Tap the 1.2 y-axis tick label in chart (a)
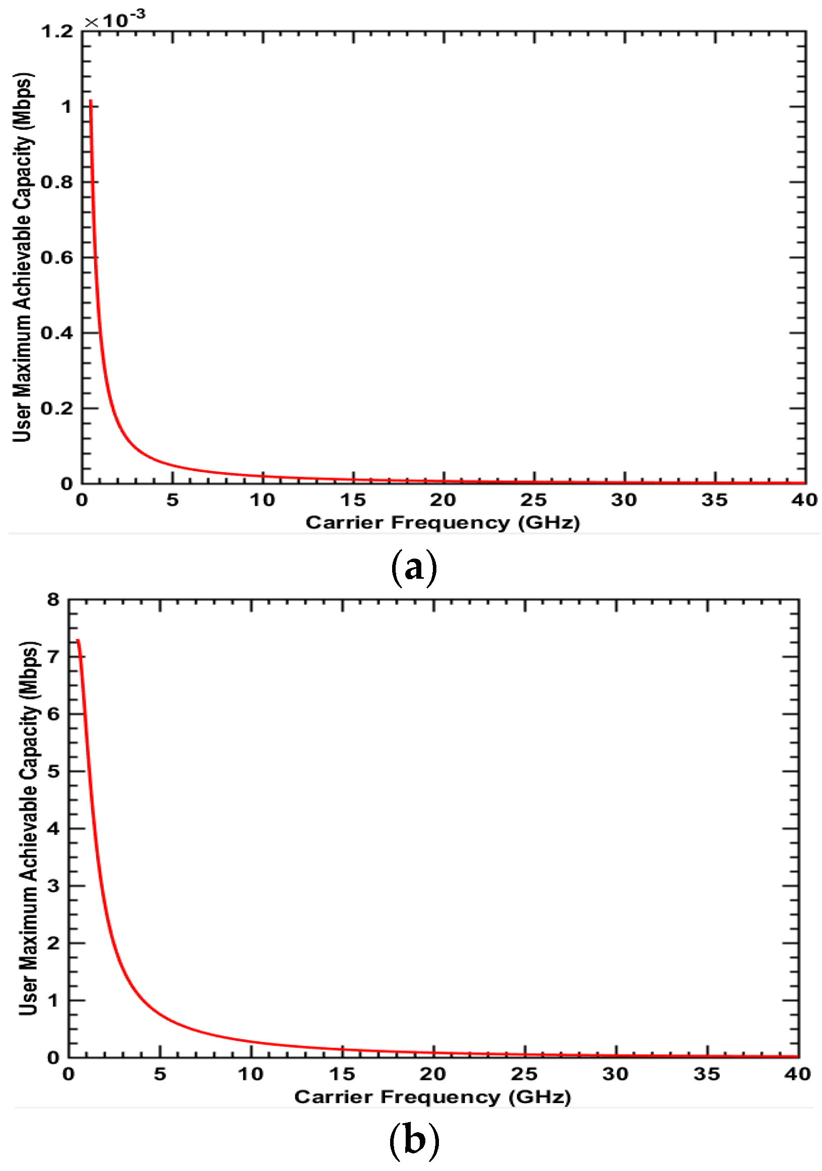tap(57, 32)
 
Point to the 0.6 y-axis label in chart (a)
tap(57, 257)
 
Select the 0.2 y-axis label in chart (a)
tap(57, 408)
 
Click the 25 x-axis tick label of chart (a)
tap(534, 500)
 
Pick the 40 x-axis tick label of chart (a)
tap(805, 500)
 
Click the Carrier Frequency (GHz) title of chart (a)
tap(442, 523)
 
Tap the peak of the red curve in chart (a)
tap(90, 101)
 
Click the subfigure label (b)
tap(413, 1140)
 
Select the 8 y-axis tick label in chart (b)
tap(53, 599)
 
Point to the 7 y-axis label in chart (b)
tap(53, 656)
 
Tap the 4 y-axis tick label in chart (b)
tap(53, 828)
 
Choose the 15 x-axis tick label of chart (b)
tap(342, 1074)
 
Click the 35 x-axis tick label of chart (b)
tap(707, 1074)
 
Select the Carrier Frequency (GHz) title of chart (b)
tap(432, 1097)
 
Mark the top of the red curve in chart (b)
tap(78, 640)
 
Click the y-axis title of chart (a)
tap(23, 257)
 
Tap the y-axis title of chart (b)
tap(29, 828)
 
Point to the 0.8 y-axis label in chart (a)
tap(57, 182)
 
